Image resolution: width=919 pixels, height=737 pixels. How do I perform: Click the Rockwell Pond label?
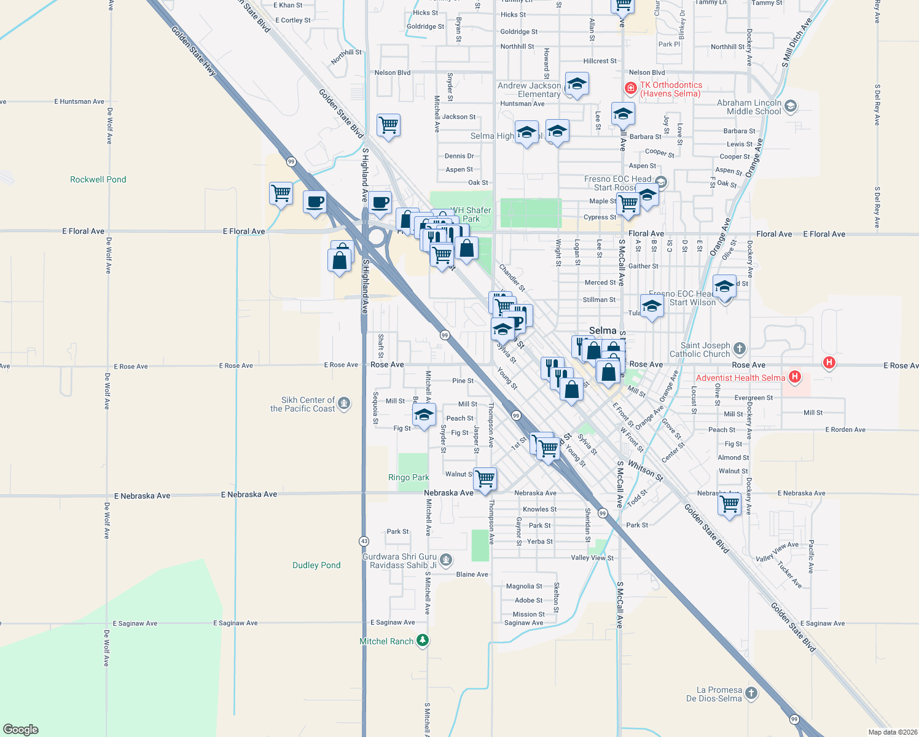pos(98,179)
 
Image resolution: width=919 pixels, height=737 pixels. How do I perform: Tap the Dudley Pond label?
pos(316,565)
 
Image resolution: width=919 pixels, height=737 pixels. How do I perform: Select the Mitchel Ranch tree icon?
pos(422,641)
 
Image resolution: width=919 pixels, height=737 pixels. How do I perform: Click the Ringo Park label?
pos(409,477)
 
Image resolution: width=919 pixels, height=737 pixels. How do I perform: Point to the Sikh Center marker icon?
pos(344,404)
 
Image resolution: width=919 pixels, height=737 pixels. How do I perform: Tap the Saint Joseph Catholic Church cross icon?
pos(740,349)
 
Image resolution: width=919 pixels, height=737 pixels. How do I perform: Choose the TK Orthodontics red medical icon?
pos(630,88)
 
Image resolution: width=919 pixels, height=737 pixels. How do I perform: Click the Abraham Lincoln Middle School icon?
pos(791,106)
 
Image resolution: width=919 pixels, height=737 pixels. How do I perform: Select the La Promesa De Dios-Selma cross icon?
pos(751,693)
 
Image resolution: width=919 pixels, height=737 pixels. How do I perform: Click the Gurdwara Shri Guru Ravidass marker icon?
pos(447,560)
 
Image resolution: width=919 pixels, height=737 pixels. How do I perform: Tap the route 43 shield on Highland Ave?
pos(364,541)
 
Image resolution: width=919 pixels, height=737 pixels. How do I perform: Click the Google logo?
pos(21,729)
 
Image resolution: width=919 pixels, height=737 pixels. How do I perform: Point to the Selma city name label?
pos(602,330)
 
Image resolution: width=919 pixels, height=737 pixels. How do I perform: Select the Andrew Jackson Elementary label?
pos(530,90)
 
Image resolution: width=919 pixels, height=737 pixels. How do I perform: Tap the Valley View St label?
pos(592,558)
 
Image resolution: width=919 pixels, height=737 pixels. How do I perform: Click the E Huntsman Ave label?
pos(79,101)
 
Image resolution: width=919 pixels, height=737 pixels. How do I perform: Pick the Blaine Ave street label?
pos(472,574)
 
